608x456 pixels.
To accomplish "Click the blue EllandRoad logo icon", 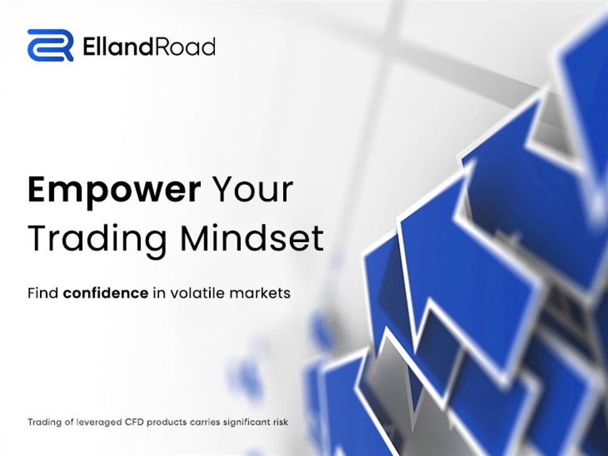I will (50, 46).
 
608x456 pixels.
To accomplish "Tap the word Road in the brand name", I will (189, 46).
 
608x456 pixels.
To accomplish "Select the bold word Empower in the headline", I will (114, 190).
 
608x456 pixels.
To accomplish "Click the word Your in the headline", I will (253, 189).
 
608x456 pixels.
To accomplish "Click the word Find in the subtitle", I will (42, 293).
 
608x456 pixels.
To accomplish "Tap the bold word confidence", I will (105, 293).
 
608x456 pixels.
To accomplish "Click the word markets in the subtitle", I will (261, 293).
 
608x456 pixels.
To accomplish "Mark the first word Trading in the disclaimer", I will (44, 423).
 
